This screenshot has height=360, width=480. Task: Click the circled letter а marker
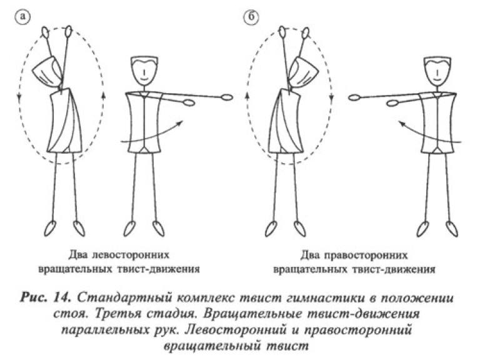[22, 17]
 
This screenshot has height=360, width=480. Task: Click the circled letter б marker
[251, 17]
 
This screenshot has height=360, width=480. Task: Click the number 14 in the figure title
[62, 298]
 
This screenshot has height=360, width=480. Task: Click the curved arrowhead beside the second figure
[180, 122]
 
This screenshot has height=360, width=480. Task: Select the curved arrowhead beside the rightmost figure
[402, 123]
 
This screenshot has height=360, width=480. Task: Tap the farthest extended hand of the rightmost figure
[354, 97]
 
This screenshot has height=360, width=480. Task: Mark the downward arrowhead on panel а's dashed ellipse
[19, 97]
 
